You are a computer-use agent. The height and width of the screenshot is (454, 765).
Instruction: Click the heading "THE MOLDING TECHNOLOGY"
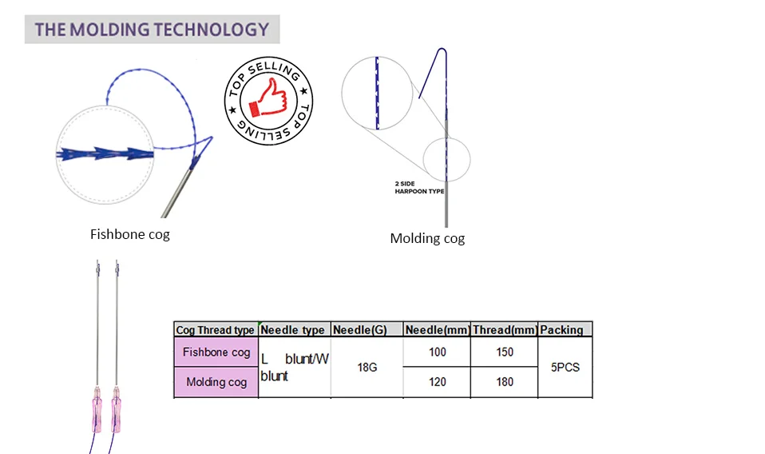point(152,30)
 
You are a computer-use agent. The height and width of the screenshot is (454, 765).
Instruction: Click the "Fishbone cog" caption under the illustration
point(129,235)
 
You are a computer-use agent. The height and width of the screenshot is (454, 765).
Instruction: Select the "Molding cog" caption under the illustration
point(427,238)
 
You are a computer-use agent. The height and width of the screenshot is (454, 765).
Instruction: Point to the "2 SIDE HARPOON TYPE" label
point(419,188)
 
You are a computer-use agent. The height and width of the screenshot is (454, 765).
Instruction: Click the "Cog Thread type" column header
point(216,330)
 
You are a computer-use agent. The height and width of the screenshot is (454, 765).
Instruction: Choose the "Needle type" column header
point(293,330)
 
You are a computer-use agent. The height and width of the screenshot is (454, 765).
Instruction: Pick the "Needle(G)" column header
point(359,330)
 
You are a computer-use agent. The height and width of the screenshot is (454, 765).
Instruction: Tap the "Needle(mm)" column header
point(437,330)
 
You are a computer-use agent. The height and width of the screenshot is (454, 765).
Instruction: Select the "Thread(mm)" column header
point(504,330)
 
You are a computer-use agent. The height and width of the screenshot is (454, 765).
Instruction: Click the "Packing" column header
point(561,330)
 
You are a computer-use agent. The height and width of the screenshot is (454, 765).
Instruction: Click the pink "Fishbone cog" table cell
point(216,352)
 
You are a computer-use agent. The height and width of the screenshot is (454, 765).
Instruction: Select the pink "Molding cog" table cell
point(216,382)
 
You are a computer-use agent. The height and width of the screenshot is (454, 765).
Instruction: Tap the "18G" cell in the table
point(367,368)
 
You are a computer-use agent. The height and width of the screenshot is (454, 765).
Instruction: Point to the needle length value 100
point(437,352)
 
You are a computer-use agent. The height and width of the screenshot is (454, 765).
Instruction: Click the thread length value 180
point(505,382)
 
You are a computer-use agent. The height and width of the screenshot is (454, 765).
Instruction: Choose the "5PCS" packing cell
point(565,368)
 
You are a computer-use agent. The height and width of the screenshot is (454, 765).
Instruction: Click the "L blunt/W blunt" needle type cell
point(294,368)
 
